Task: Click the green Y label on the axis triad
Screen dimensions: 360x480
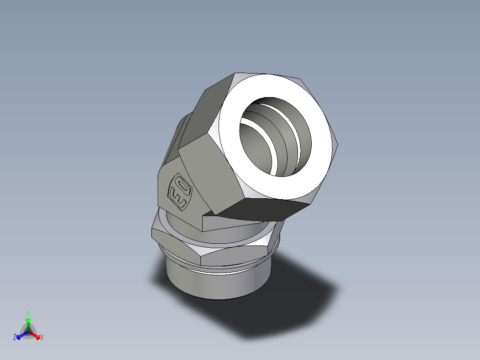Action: (x=28, y=313)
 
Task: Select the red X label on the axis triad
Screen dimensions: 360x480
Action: (x=42, y=338)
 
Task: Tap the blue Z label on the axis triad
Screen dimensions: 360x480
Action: (x=15, y=338)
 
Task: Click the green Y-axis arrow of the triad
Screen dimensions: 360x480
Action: (x=28, y=323)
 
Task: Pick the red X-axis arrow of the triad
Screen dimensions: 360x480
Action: (x=35, y=335)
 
